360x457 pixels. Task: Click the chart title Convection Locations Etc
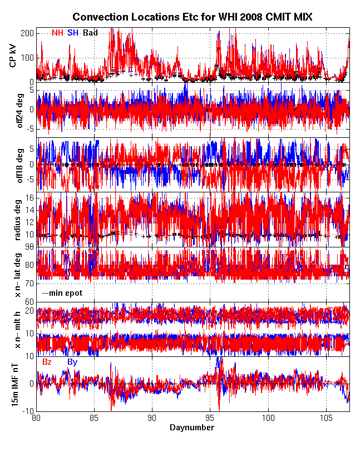point(192,18)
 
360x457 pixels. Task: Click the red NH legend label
point(57,33)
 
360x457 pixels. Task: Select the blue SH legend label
point(73,33)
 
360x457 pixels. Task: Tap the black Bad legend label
point(90,33)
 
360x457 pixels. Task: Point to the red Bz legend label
point(47,362)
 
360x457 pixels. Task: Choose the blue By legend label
point(72,362)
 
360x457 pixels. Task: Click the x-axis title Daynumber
point(192,428)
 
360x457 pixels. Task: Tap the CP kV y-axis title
point(13,55)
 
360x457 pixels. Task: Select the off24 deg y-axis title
point(13,110)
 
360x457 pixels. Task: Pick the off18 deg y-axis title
point(13,165)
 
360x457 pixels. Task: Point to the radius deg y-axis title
point(13,219)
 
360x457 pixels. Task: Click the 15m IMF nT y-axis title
point(13,384)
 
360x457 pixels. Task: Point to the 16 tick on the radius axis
point(30,198)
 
